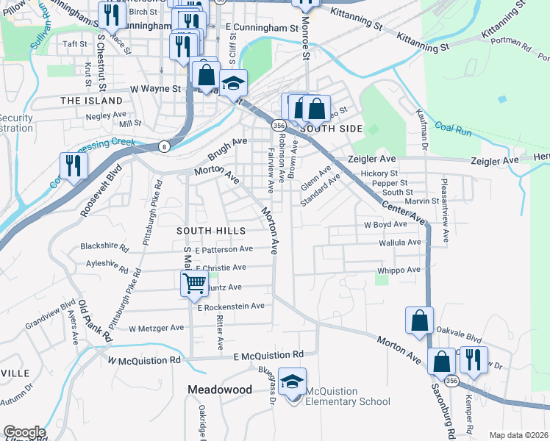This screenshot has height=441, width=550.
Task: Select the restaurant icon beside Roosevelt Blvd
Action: pos(72,165)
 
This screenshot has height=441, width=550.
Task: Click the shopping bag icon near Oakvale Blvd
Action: pos(418,320)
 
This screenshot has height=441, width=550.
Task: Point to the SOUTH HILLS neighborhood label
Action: pos(211,231)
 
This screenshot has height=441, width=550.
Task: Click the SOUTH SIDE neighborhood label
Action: pos(332,129)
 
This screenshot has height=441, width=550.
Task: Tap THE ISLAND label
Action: pos(91,100)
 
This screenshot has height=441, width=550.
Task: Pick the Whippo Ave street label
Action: pos(399,270)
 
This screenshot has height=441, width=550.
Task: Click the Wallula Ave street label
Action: pos(399,242)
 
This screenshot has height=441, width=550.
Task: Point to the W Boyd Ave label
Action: pos(385,224)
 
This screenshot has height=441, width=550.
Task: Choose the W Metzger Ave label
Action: pos(156,328)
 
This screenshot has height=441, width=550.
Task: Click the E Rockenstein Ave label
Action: pos(230,306)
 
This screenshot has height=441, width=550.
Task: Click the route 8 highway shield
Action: pos(162,147)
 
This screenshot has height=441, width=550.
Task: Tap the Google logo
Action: pos(24,432)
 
